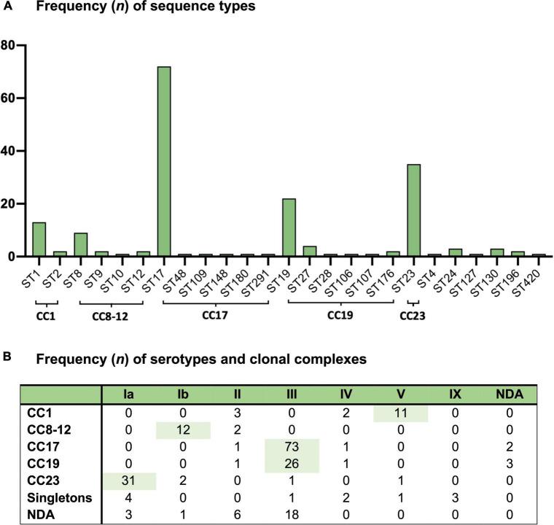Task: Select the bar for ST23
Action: click(413, 211)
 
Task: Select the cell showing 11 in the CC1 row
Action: click(400, 412)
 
